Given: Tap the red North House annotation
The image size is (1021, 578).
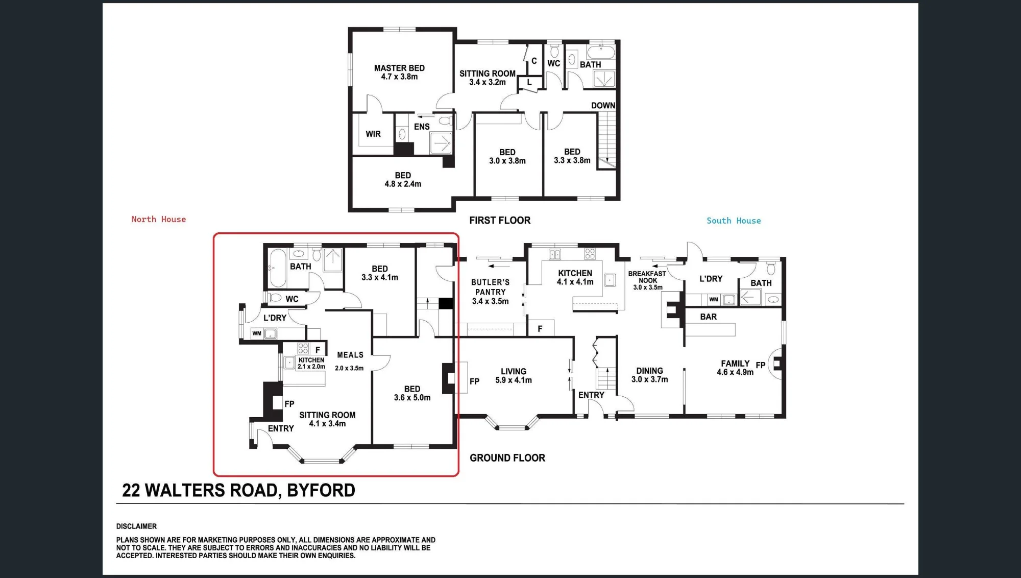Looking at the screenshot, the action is [159, 219].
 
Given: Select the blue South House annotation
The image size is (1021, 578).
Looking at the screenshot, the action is [734, 221].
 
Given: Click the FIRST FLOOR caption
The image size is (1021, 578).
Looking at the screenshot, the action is [500, 220].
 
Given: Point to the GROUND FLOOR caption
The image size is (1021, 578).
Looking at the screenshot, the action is [507, 458].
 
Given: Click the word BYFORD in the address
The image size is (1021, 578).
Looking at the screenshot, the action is [321, 490].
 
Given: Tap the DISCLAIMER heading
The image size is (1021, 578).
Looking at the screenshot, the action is [136, 526].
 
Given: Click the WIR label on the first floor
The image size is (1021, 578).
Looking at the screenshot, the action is [373, 134].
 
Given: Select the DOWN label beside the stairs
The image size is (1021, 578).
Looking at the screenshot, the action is [603, 106].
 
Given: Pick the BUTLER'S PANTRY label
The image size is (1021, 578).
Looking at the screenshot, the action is [490, 287].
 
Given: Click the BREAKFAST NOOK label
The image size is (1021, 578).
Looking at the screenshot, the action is [647, 277].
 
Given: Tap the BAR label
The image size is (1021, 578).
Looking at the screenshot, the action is [709, 317].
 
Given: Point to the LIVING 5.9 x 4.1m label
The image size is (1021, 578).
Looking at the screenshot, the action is [514, 376].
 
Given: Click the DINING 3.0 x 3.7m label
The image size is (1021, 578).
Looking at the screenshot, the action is [649, 375].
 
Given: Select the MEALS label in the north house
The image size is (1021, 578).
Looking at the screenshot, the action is [350, 355].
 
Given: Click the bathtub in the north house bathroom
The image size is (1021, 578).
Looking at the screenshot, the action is [278, 268].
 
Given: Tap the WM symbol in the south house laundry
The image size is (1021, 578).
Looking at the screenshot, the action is [714, 300].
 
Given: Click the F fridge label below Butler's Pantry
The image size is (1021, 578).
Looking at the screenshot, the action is [540, 329].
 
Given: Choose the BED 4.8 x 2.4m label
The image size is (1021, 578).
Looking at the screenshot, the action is [403, 180].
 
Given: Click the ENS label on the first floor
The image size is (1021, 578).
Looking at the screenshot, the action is [422, 127].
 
